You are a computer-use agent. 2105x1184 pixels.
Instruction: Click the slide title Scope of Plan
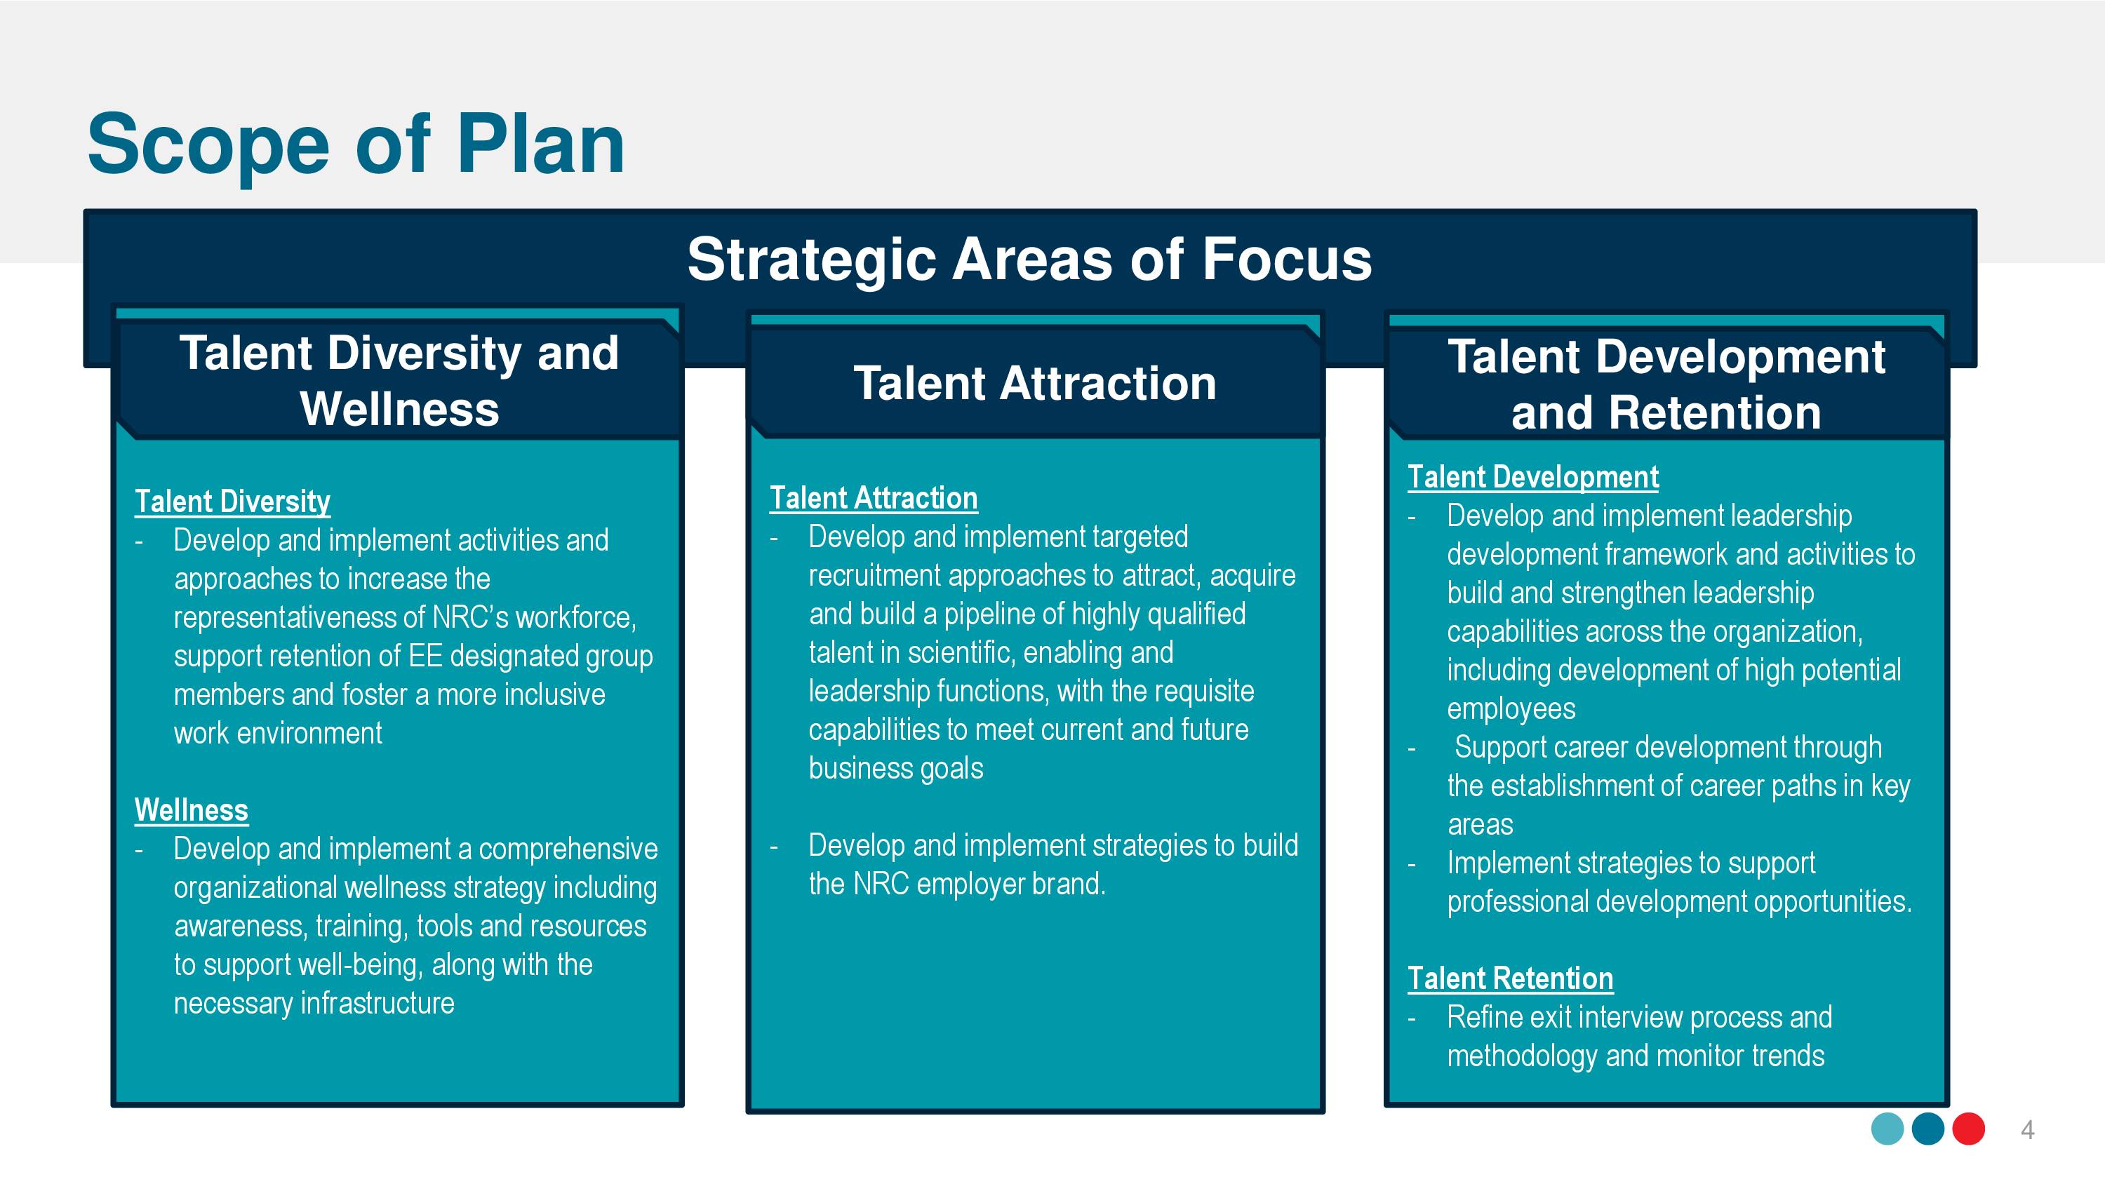click(356, 145)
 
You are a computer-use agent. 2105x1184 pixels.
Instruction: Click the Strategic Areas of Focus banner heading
click(1029, 259)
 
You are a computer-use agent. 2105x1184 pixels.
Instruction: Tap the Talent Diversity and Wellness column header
click(399, 381)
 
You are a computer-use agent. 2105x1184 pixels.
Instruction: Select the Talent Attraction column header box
click(1034, 382)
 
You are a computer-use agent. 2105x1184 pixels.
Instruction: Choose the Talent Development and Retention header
click(1667, 384)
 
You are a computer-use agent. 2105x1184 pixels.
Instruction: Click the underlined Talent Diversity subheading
click(232, 501)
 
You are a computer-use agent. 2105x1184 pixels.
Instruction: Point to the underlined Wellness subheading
click(192, 809)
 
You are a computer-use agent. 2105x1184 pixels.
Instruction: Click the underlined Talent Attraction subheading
click(874, 497)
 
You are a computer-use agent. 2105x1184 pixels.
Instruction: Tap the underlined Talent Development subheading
click(1533, 476)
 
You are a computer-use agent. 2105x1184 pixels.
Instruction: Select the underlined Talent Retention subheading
click(1510, 978)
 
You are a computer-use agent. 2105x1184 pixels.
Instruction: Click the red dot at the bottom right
click(1969, 1129)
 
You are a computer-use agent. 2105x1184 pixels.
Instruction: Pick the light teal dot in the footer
click(1887, 1129)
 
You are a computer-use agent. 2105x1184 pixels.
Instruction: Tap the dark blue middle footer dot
click(1927, 1129)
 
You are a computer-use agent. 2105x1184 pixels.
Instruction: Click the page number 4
click(2027, 1130)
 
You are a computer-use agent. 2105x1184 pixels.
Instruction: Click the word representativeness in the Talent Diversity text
click(299, 618)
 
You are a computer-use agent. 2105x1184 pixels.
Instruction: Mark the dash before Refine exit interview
click(1412, 1019)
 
